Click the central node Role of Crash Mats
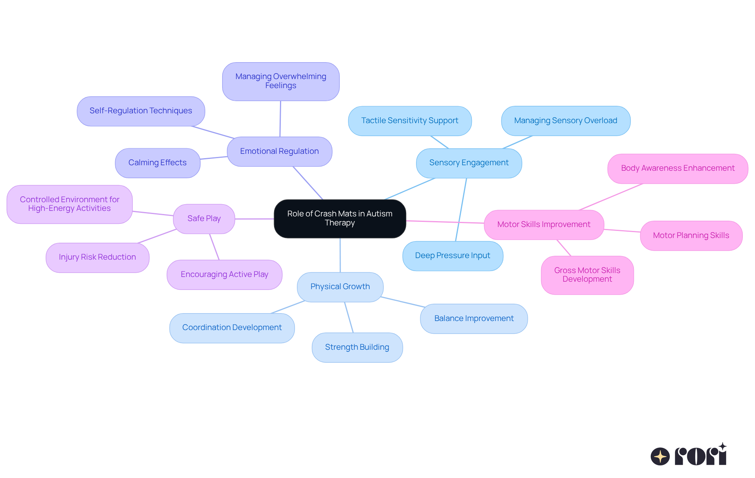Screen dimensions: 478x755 [340, 218]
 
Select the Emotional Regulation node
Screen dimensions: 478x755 [279, 151]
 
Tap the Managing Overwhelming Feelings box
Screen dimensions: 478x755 [280, 81]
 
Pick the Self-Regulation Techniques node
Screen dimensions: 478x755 [141, 111]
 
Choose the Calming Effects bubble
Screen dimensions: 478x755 [157, 163]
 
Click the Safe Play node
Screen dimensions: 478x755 [204, 219]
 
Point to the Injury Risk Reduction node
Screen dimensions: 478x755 [97, 257]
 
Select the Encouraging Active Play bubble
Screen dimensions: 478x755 [224, 275]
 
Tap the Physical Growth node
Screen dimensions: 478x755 [340, 287]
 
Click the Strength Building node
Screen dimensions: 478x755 [357, 347]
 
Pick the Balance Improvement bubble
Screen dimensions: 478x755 [473, 319]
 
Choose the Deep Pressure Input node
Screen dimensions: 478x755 [452, 256]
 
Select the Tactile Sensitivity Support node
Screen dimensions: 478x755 [409, 121]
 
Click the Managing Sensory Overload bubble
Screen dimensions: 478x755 [565, 121]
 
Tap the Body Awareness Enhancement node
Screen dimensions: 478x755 [677, 168]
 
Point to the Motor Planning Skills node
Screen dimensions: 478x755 [691, 236]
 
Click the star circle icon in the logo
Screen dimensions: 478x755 [660, 456]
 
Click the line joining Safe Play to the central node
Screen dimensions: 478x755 [254, 219]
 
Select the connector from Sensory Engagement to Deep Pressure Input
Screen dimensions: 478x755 [461, 209]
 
